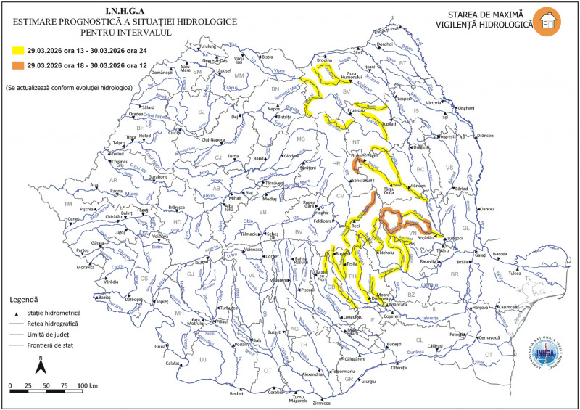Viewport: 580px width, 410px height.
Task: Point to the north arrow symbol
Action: [x=43, y=362]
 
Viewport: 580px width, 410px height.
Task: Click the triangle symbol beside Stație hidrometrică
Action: [x=16, y=312]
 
